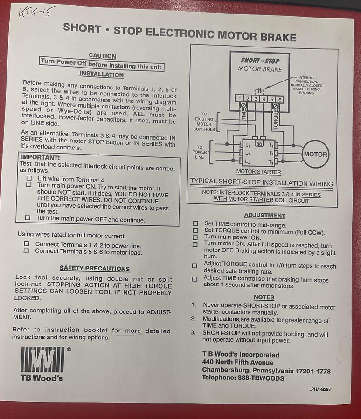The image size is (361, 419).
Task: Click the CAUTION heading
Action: [x=102, y=55]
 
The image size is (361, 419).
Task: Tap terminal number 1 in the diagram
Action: [x=239, y=99]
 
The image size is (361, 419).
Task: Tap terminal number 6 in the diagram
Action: [x=280, y=100]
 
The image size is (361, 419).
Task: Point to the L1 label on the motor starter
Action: [x=247, y=146]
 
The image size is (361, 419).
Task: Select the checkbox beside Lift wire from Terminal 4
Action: [x=29, y=178]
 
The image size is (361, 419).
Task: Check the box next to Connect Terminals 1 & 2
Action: [x=27, y=244]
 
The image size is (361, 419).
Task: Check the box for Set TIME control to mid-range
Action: [x=195, y=224]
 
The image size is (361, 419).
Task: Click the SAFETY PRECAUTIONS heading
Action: [x=95, y=268]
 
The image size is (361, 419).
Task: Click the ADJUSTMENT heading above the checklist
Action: [x=264, y=216]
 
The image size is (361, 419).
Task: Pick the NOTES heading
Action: [x=264, y=297]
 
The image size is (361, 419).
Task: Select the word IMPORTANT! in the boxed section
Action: [x=40, y=158]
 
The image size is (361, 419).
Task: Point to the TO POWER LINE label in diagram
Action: [x=200, y=152]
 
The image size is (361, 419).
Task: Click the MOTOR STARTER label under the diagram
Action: [x=258, y=172]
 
